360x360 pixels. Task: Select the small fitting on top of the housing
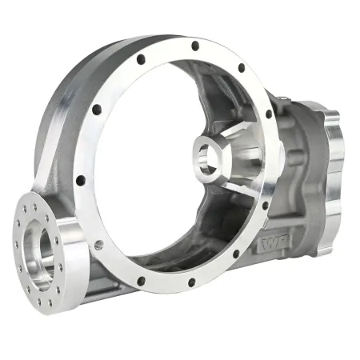[282, 98]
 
